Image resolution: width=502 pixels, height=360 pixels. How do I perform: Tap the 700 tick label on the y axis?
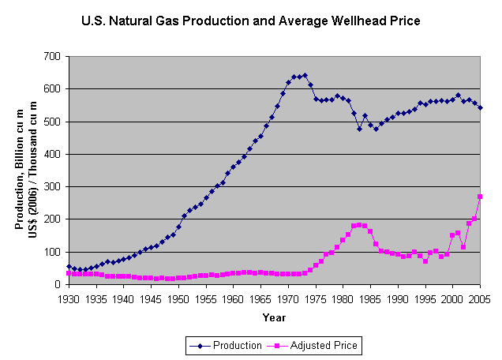pyautogui.click(x=52, y=56)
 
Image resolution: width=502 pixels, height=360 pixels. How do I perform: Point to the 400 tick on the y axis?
pyautogui.click(x=52, y=154)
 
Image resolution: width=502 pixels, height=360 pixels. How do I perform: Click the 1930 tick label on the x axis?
pyautogui.click(x=69, y=300)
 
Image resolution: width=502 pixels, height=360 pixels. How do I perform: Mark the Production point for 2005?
pyautogui.click(x=480, y=107)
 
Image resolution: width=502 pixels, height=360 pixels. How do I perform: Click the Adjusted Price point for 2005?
pyautogui.click(x=480, y=197)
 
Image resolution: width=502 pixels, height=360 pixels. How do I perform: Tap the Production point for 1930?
pyautogui.click(x=69, y=267)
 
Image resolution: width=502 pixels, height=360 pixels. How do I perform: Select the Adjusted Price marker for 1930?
pyautogui.click(x=69, y=273)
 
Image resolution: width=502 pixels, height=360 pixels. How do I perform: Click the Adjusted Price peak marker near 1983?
pyautogui.click(x=359, y=225)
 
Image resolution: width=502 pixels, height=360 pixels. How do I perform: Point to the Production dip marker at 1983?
pyautogui.click(x=359, y=129)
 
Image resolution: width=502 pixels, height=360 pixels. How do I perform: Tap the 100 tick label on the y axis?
pyautogui.click(x=52, y=252)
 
